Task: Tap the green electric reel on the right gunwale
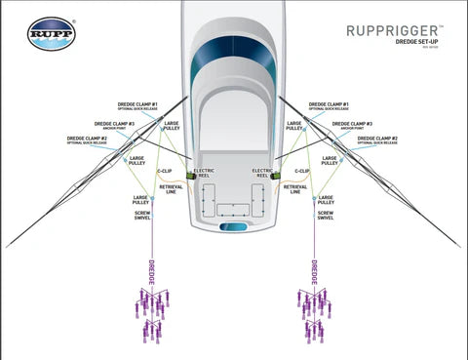(275, 176)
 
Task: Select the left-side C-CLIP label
(165, 170)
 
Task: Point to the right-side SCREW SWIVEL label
(327, 214)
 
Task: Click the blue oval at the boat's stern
(234, 226)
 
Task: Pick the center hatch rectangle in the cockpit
(234, 209)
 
